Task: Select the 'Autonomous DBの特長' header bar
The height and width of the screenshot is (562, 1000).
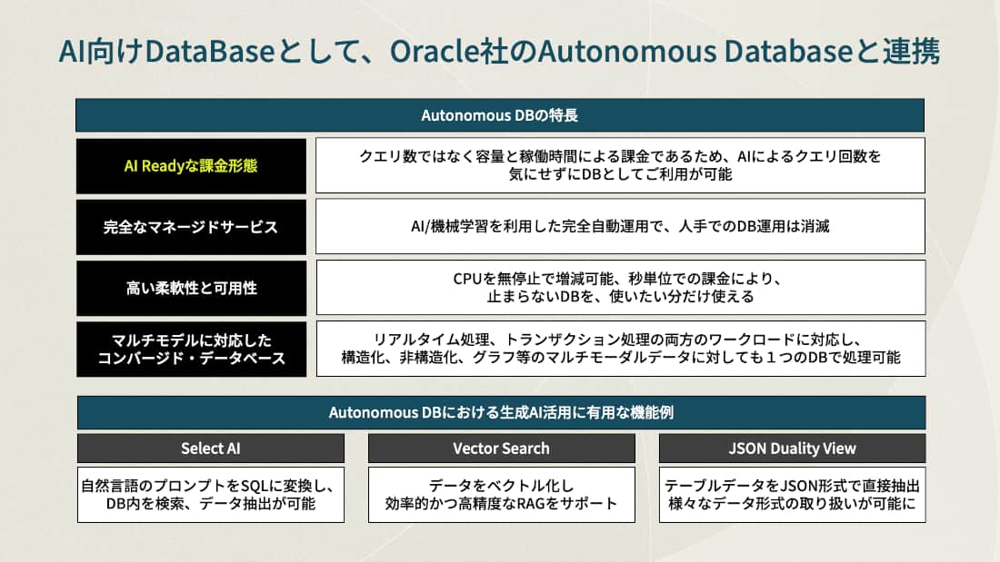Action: [x=500, y=115]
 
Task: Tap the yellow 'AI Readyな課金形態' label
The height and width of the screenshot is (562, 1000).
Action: [x=191, y=166]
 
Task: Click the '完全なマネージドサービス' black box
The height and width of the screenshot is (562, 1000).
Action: [x=191, y=227]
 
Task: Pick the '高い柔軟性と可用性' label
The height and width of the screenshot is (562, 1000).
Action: [x=191, y=288]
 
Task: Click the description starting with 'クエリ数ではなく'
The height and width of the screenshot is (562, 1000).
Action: [x=620, y=165]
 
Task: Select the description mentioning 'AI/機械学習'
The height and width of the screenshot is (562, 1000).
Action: [x=620, y=227]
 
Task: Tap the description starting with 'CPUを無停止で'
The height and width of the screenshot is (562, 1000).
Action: [x=620, y=287]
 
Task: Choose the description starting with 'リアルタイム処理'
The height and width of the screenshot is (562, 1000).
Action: [x=620, y=349]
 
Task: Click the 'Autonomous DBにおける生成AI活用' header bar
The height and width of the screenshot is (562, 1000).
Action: [x=501, y=413]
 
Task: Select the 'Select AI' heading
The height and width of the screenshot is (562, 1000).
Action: [x=211, y=449]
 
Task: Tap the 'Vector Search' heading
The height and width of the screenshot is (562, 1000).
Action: [x=501, y=449]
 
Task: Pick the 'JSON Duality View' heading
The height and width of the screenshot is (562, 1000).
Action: [x=792, y=449]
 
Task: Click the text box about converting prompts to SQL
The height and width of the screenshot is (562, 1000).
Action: [x=211, y=495]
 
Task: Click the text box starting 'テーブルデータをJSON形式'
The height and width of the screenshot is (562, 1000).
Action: [x=792, y=495]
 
